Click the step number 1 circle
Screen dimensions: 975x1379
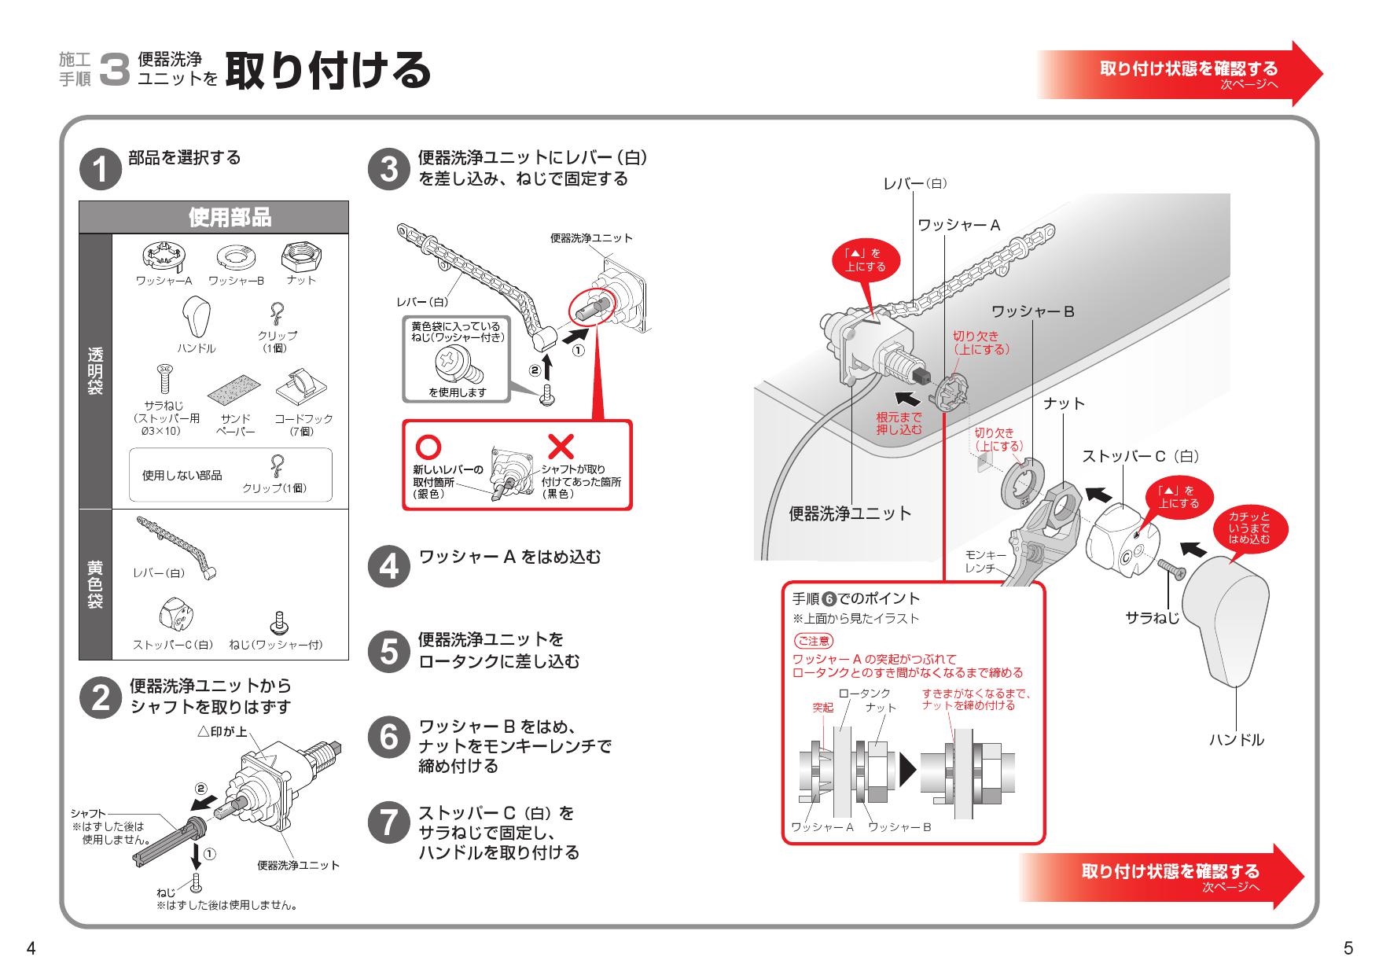coord(101,169)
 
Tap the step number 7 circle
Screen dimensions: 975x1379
coord(388,822)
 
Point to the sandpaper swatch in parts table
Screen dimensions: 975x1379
coord(234,388)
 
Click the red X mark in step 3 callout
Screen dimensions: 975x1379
coord(561,447)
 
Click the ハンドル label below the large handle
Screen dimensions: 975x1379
coord(1236,739)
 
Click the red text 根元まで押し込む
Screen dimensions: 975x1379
coord(899,423)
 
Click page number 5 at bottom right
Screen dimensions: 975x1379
coord(1348,949)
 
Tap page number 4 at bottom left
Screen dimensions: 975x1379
coord(31,949)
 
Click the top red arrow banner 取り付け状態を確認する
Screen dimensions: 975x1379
coord(1179,73)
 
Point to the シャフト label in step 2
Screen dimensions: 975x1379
coord(87,813)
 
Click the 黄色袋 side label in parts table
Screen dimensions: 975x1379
coord(95,584)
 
